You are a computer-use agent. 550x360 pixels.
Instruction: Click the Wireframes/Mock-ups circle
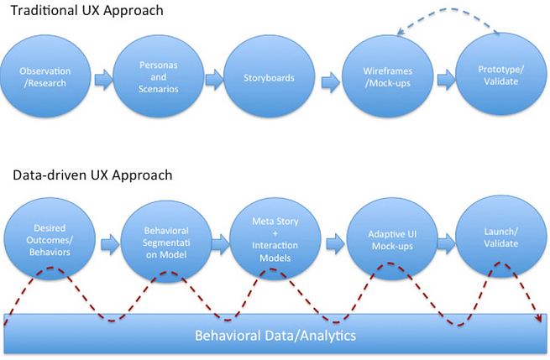click(x=387, y=78)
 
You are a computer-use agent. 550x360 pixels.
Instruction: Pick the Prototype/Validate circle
click(x=500, y=78)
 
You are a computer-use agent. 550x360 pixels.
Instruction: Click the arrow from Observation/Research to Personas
click(x=101, y=79)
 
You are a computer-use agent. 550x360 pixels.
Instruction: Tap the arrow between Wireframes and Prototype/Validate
click(x=443, y=79)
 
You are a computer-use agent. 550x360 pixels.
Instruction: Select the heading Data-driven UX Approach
click(x=92, y=175)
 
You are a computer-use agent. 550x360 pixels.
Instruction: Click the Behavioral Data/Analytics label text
click(x=275, y=336)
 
